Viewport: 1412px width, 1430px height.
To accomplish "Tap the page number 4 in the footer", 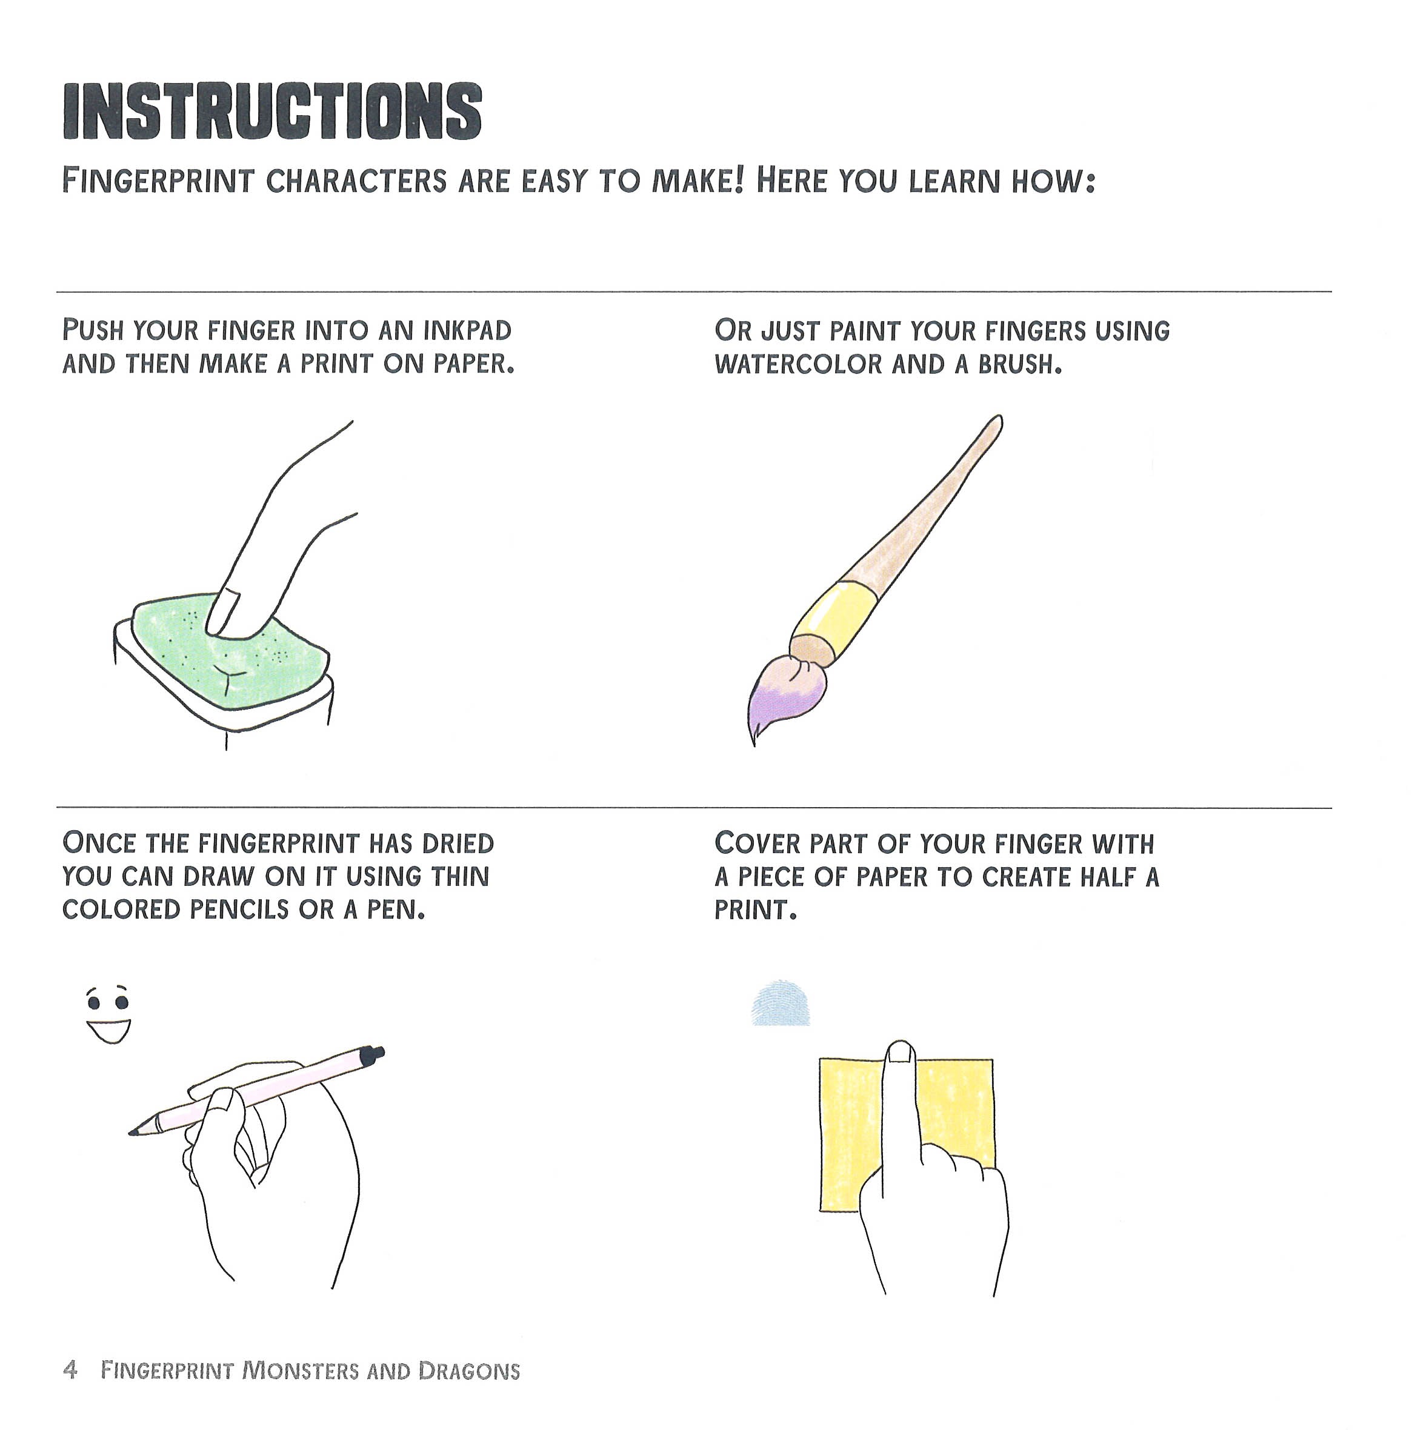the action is pyautogui.click(x=70, y=1369).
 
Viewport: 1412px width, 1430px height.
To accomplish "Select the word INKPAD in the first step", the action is pyautogui.click(x=467, y=330).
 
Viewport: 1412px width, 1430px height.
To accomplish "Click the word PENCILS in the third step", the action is pyautogui.click(x=238, y=910).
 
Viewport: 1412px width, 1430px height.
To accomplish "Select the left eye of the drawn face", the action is pyautogui.click(x=94, y=1003).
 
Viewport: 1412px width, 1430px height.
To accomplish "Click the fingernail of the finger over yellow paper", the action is pyautogui.click(x=900, y=1053).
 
